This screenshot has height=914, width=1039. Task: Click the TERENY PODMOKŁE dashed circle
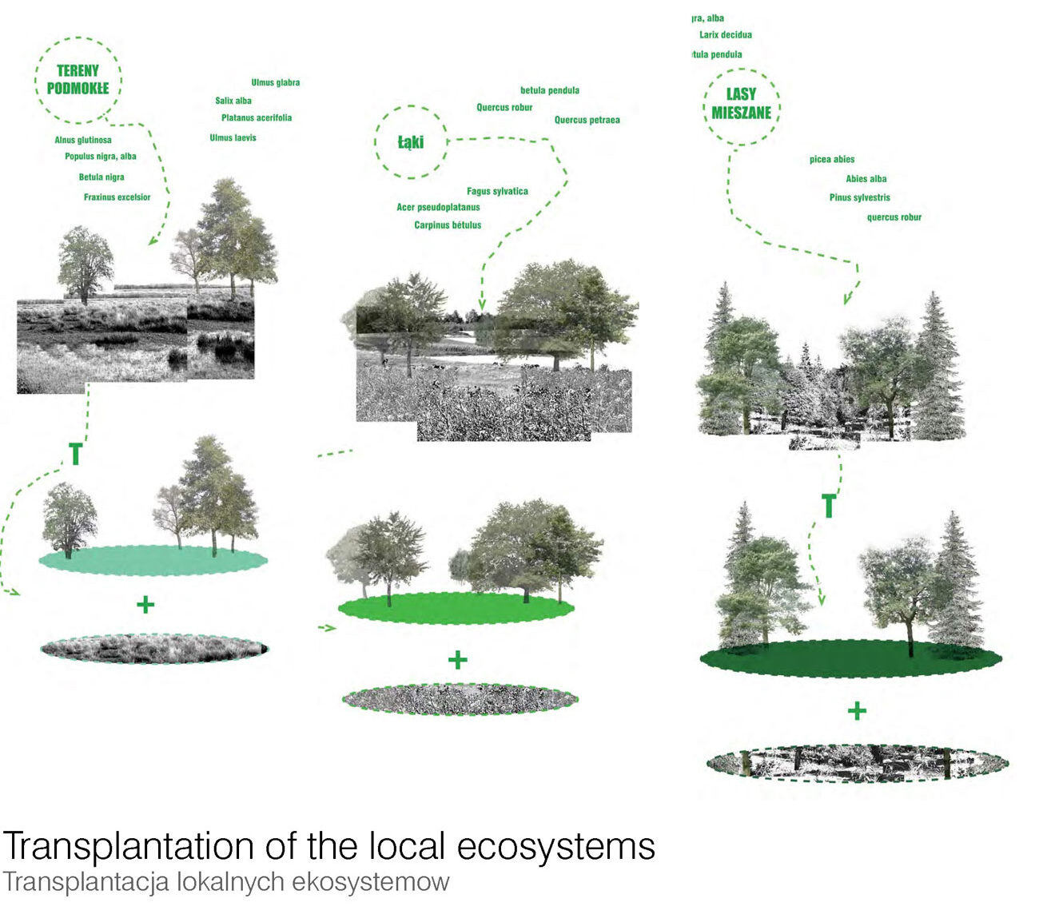tap(78, 80)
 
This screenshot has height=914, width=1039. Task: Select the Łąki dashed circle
tap(411, 142)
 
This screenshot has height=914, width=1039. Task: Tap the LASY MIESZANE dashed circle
tap(742, 104)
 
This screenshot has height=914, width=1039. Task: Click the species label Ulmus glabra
tap(275, 82)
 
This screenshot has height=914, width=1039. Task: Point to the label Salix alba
tap(233, 101)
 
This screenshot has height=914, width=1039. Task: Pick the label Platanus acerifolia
tap(257, 117)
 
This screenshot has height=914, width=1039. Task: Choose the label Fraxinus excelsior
tap(117, 197)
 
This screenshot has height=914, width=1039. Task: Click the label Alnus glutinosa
tap(83, 140)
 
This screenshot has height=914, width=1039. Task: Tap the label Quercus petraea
tap(587, 120)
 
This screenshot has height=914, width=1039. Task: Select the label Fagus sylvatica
tap(497, 191)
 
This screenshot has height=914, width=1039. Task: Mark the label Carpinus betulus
tap(448, 225)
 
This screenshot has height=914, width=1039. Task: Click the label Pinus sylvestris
tap(859, 197)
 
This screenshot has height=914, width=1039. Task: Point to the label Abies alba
tap(866, 179)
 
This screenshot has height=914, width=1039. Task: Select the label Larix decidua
tap(725, 35)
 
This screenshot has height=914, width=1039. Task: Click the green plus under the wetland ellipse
tap(145, 604)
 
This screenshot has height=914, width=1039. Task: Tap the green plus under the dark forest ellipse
tap(857, 710)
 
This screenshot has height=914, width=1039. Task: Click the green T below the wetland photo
tap(75, 454)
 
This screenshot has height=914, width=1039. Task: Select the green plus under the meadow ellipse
tap(457, 660)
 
